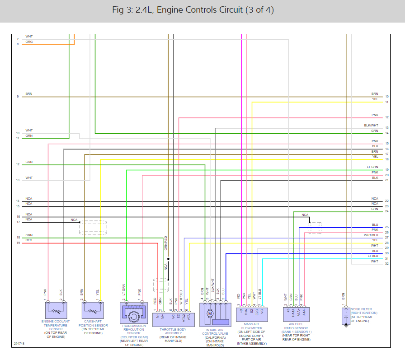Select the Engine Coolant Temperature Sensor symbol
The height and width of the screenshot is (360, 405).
click(56, 310)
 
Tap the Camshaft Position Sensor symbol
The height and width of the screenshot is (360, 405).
click(93, 310)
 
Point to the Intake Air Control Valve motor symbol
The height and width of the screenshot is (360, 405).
click(209, 313)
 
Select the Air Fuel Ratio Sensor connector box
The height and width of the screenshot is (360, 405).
click(296, 312)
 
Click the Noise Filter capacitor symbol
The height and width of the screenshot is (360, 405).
click(346, 316)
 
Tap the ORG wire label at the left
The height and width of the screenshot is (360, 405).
click(29, 42)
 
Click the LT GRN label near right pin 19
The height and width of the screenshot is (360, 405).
click(372, 167)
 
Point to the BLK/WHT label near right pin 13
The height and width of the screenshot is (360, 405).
click(371, 125)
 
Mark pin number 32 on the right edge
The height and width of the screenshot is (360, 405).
click(387, 264)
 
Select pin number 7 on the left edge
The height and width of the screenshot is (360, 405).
click(18, 39)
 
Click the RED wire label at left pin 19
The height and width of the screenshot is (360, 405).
click(29, 240)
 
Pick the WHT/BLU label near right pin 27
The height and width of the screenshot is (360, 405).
click(371, 235)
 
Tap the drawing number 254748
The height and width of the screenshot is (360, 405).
click(19, 344)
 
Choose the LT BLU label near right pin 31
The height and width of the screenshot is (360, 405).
click(372, 256)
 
